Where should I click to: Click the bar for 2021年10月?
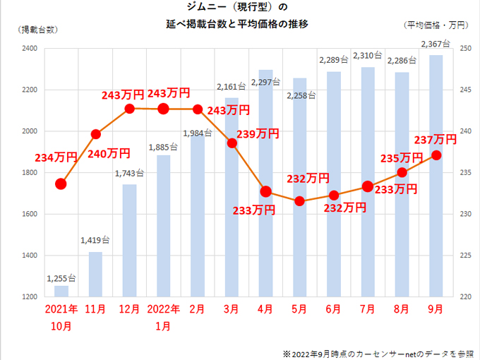pos(61,291)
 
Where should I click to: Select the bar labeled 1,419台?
pos(95,274)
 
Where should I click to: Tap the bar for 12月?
pos(129,240)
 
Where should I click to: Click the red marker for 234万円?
pos(61,184)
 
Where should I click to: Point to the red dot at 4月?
pos(265,191)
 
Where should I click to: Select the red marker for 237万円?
pos(436,155)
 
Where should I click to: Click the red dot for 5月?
pos(299,201)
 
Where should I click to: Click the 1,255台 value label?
pos(61,278)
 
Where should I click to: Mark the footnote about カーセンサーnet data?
pos(377,352)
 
